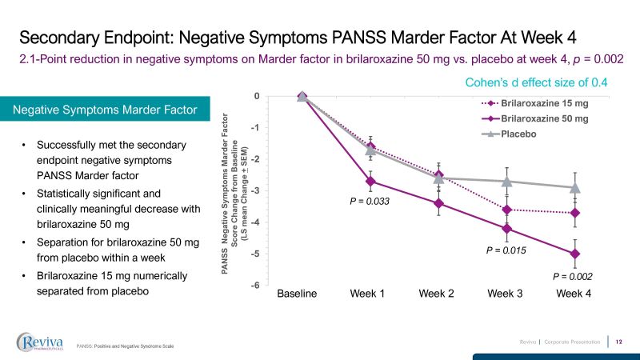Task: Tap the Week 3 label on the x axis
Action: tap(506, 294)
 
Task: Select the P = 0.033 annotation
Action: tap(370, 202)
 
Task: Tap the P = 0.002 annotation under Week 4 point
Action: tap(574, 276)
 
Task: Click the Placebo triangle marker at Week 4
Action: tap(574, 188)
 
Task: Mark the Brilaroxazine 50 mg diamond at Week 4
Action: tap(574, 254)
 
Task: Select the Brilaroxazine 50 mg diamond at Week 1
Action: tap(370, 182)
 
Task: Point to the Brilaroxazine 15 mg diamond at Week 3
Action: tap(506, 210)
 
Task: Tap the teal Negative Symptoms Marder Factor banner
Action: tap(105, 110)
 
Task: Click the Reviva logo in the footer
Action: tap(42, 342)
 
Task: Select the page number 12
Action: tap(618, 342)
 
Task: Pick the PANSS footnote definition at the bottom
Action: tap(125, 346)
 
